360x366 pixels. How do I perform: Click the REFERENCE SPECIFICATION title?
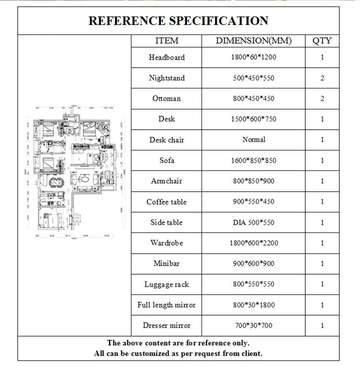click(x=179, y=21)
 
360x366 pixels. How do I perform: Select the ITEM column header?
click(x=167, y=41)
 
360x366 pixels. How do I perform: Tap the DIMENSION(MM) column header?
click(x=253, y=41)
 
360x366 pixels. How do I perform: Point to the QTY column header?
click(x=322, y=41)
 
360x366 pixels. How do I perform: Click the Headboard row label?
click(x=167, y=57)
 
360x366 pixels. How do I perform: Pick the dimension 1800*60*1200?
click(x=253, y=57)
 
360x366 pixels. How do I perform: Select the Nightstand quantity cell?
click(x=322, y=78)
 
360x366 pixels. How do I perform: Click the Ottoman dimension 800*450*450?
click(x=253, y=98)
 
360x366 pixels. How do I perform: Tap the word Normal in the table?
click(x=253, y=139)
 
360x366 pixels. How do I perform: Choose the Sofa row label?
click(x=167, y=160)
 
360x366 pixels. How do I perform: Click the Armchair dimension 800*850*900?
click(x=253, y=181)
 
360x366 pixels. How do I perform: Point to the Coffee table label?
click(x=167, y=202)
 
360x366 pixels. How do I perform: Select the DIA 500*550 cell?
click(x=253, y=222)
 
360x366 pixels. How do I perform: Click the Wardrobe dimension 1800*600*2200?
click(x=253, y=243)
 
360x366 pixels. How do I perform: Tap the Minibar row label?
click(x=167, y=263)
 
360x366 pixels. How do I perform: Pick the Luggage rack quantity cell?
click(x=322, y=284)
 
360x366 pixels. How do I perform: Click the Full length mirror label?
click(x=167, y=305)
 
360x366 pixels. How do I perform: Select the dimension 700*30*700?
click(x=253, y=326)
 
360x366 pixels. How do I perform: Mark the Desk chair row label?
click(x=167, y=140)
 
